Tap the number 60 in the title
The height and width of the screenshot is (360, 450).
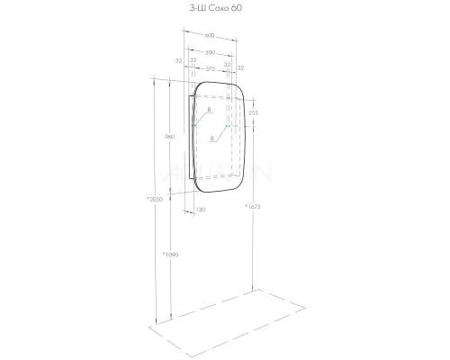[236, 8]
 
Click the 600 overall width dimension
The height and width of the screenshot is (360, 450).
[210, 35]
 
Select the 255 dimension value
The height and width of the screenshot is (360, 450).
[254, 112]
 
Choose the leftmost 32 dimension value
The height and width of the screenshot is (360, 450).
[180, 61]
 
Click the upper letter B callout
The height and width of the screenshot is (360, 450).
[209, 110]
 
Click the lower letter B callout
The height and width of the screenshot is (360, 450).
[210, 139]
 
